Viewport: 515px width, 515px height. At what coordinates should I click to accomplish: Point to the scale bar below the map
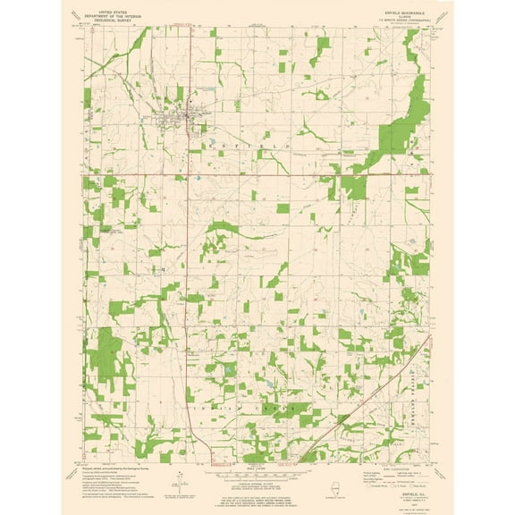(257, 475)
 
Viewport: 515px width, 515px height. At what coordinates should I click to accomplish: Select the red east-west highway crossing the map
(268, 174)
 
